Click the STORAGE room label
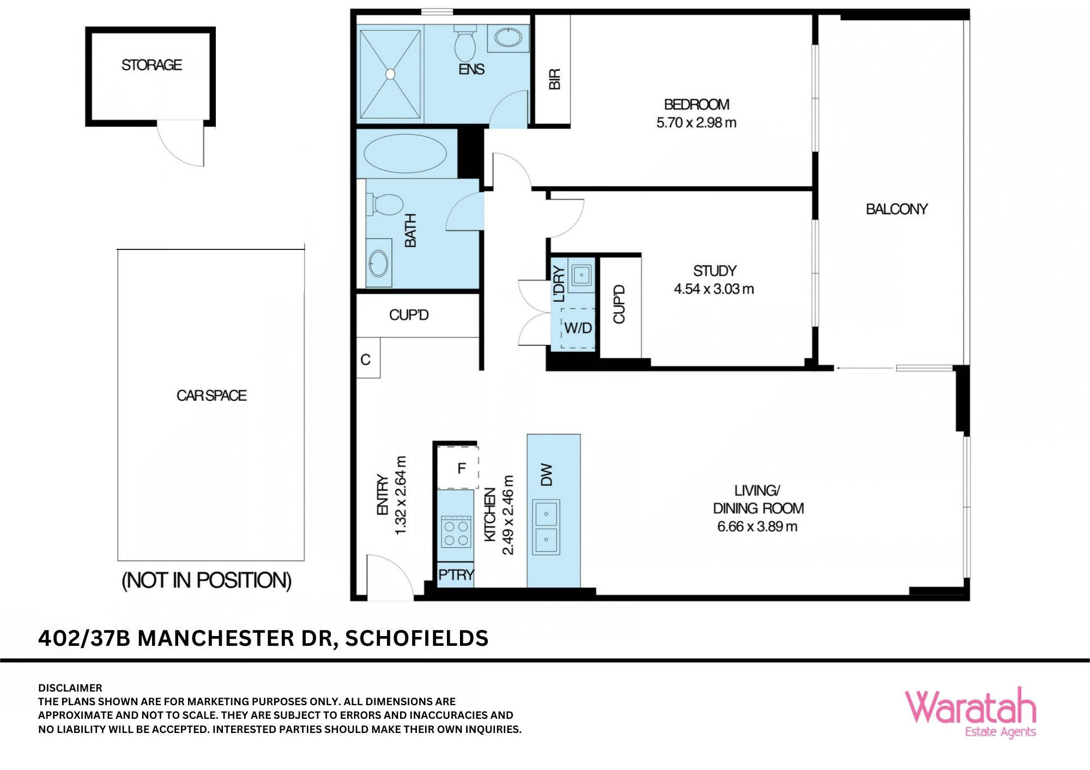point(152,65)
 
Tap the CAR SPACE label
point(211,395)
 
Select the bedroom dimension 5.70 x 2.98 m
point(696,123)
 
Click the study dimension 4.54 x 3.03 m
point(713,289)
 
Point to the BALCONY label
point(897,209)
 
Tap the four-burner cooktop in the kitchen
point(456,533)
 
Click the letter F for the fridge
point(461,468)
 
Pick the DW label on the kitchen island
point(547,475)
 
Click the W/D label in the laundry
point(578,328)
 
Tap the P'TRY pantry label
point(456,575)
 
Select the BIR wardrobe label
point(554,79)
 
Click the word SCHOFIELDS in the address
point(416,638)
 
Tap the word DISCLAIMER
point(70,688)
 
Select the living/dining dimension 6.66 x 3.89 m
point(757,527)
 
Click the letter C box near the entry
point(366,359)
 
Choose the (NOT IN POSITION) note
point(207,580)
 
